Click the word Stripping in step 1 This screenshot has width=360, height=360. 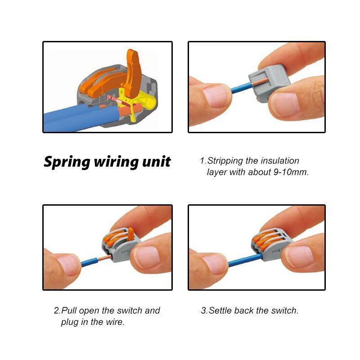pos(225,161)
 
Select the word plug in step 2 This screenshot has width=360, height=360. pos(70,322)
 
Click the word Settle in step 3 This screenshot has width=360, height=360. pos(220,310)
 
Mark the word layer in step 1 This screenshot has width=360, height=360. pos(217,172)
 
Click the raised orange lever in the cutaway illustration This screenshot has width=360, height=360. pos(133,72)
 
